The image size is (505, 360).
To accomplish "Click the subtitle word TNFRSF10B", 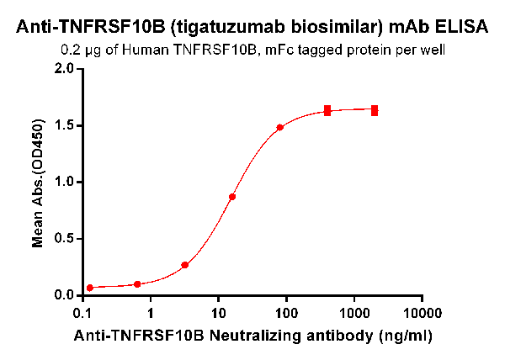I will pyautogui.click(x=215, y=50).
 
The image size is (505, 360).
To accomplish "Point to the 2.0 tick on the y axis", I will pyautogui.click(x=64, y=69).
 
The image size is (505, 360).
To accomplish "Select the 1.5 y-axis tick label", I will pyautogui.click(x=64, y=125).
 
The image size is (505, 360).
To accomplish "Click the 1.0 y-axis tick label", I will pyautogui.click(x=64, y=182).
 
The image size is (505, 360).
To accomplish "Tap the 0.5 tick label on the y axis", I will pyautogui.click(x=64, y=238).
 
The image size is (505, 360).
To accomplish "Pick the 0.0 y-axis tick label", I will pyautogui.click(x=64, y=294).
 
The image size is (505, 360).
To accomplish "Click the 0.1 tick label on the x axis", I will pyautogui.click(x=82, y=313).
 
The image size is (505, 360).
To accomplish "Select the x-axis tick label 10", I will pyautogui.click(x=218, y=313).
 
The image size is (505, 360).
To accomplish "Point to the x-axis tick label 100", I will pyautogui.click(x=286, y=313).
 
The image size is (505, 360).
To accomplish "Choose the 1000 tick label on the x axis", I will pyautogui.click(x=354, y=313).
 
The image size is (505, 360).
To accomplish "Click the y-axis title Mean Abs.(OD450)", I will pyautogui.click(x=38, y=182).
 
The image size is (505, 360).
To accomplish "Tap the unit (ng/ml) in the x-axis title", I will pyautogui.click(x=405, y=336).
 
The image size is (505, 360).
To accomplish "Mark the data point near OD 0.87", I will pyautogui.click(x=232, y=197).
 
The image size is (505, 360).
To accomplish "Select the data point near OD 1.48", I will pyautogui.click(x=279, y=127).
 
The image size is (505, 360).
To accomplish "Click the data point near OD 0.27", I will pyautogui.click(x=185, y=265).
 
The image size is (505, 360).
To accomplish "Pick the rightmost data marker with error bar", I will pyautogui.click(x=375, y=110).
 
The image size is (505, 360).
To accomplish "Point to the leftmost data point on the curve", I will pyautogui.click(x=90, y=288).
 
